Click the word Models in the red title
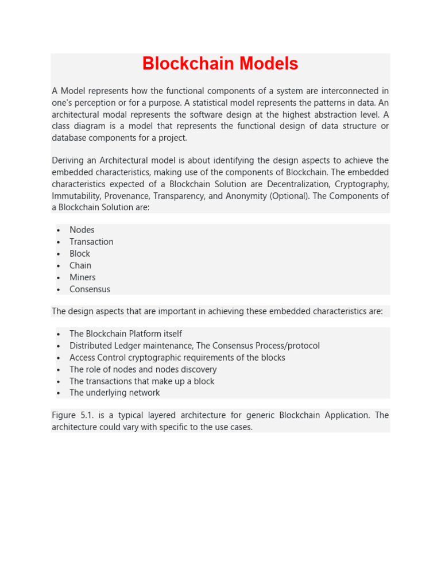tap(265, 64)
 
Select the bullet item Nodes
tap(82, 230)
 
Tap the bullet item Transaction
tap(91, 242)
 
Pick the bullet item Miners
tap(83, 277)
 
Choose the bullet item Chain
tap(80, 265)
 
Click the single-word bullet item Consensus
tap(90, 289)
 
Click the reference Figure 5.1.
tap(72, 415)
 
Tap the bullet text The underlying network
tap(115, 393)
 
